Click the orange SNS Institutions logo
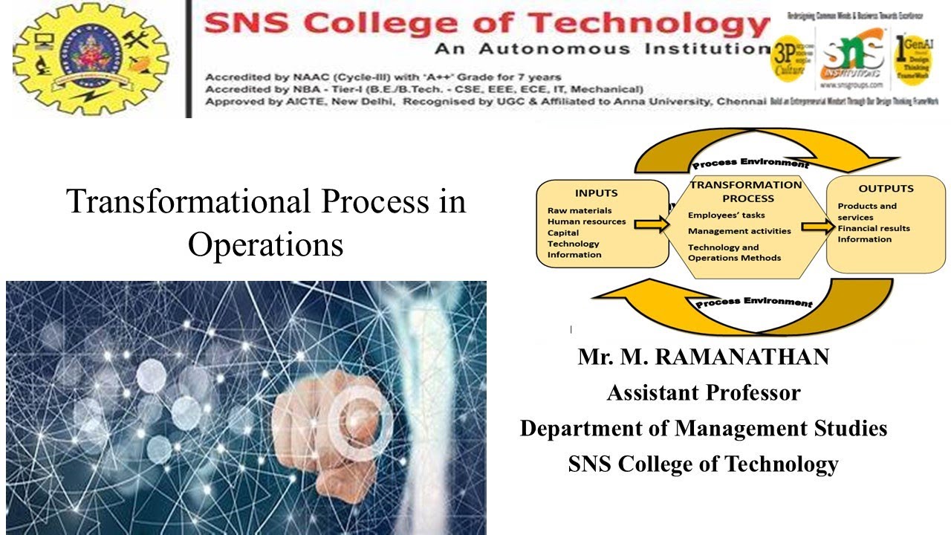852,58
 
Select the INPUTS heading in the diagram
596,193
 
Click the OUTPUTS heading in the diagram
886,188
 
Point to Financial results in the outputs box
874,228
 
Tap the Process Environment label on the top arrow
750,162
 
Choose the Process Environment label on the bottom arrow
754,302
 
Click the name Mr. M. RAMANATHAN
703,357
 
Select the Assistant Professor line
703,392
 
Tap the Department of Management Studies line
703,428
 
